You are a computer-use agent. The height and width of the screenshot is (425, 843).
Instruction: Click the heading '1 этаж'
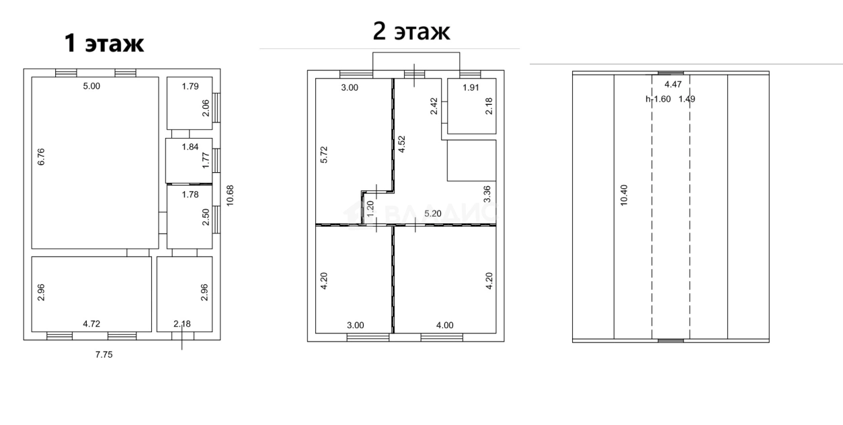pyautogui.click(x=104, y=43)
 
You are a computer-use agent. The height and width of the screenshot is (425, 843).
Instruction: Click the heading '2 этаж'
pyautogui.click(x=411, y=32)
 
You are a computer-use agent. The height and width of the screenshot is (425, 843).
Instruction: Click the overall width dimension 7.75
pyautogui.click(x=103, y=355)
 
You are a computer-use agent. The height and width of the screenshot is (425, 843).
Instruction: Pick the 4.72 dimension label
pyautogui.click(x=91, y=324)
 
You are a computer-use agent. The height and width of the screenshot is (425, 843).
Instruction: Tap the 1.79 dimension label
pyautogui.click(x=192, y=86)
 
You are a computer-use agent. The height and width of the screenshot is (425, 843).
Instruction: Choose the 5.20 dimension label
pyautogui.click(x=433, y=214)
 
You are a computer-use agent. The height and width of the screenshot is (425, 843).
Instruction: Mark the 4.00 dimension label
pyautogui.click(x=444, y=325)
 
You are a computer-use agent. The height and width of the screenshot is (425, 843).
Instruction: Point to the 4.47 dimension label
pyautogui.click(x=673, y=85)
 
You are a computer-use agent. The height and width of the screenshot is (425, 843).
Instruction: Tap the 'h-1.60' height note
pyautogui.click(x=657, y=99)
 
